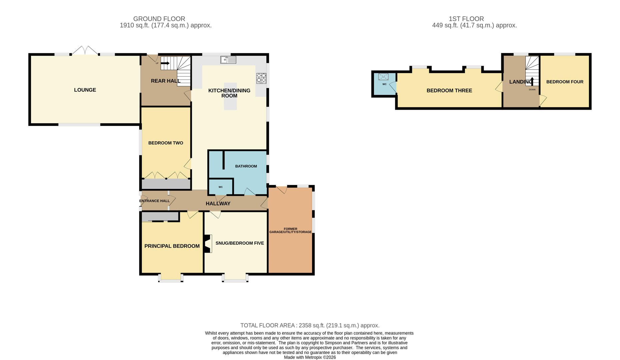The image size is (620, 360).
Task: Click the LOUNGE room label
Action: click(x=85, y=90)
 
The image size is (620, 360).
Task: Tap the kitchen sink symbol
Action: click(x=228, y=60)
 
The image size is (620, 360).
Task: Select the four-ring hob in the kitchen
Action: click(x=261, y=78)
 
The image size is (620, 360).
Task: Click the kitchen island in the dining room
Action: click(x=230, y=96)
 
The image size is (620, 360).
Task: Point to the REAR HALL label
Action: click(x=165, y=81)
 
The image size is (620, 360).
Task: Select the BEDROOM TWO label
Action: click(x=166, y=143)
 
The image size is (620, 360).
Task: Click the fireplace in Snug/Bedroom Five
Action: click(x=208, y=244)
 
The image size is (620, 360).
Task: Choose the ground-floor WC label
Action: click(x=220, y=187)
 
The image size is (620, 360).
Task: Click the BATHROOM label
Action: click(x=246, y=166)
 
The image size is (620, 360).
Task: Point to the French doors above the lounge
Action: click(x=85, y=51)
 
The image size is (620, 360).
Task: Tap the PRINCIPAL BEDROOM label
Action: click(x=172, y=246)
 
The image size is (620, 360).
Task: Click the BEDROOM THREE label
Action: click(x=449, y=91)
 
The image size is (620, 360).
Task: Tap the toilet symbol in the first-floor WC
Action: click(x=384, y=77)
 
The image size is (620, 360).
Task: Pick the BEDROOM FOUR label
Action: click(x=565, y=82)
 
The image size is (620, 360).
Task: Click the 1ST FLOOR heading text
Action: click(x=466, y=19)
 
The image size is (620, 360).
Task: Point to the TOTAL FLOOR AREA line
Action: click(x=310, y=325)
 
